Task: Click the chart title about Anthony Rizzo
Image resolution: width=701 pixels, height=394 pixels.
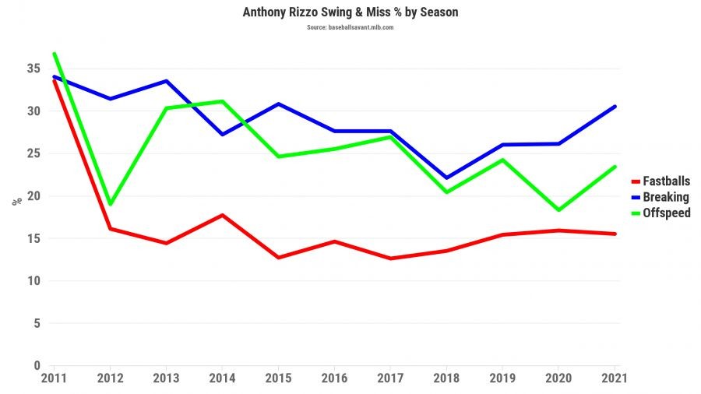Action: [x=350, y=12]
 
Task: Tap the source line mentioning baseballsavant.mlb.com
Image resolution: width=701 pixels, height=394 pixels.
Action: [x=350, y=27]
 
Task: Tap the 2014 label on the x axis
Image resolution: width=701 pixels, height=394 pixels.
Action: [x=223, y=378]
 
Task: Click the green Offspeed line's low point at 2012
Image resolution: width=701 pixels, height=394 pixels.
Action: [x=111, y=204]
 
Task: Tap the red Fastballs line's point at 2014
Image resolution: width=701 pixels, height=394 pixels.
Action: [x=223, y=215]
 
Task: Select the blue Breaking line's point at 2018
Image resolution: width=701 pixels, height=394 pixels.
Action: [x=447, y=178]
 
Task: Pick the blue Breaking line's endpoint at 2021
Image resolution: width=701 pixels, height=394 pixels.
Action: [x=615, y=107]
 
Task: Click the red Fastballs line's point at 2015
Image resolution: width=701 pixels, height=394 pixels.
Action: [x=279, y=258]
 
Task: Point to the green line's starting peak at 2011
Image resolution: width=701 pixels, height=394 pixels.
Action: [x=54, y=54]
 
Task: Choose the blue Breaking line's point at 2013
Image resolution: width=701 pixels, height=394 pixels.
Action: [x=167, y=81]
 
